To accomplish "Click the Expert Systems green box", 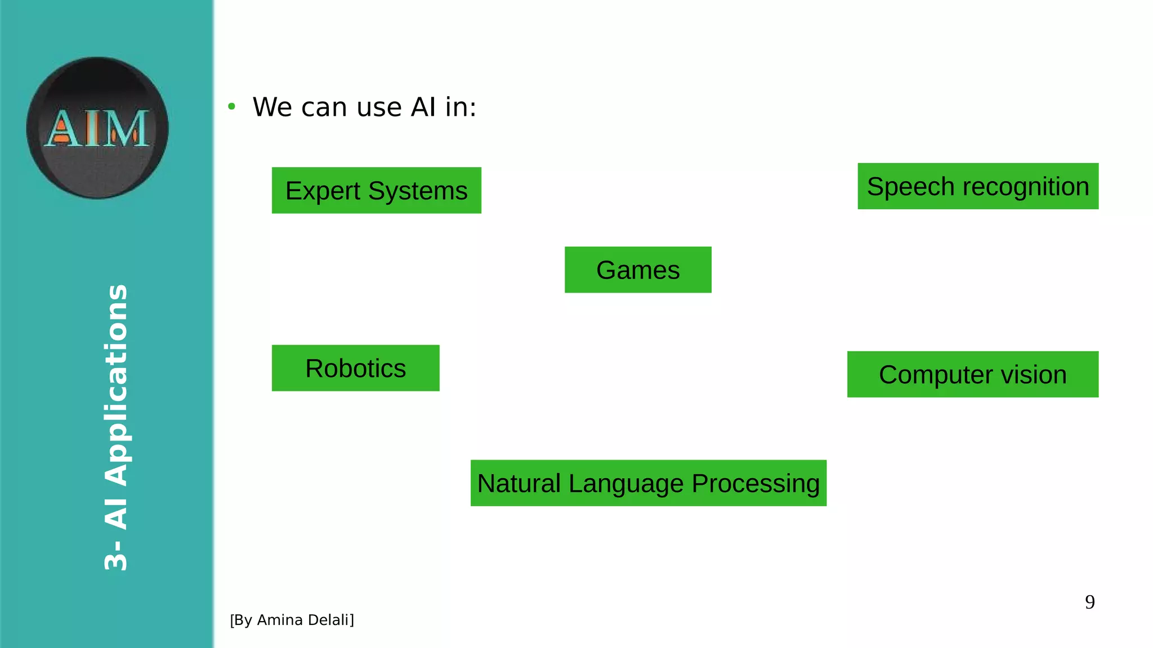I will coord(376,190).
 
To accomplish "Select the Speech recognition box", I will coord(978,186).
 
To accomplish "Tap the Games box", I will coord(638,269).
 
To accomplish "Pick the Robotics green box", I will coord(355,368).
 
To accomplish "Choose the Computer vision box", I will coord(972,374).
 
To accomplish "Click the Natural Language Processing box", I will coord(648,483).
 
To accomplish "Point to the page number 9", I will coord(1090,602).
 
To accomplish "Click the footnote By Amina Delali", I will coord(292,620).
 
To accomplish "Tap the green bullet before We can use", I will coord(231,106).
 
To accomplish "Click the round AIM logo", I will coord(97,128).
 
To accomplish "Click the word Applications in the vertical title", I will coord(117,385).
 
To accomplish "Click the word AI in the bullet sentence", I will coord(423,107).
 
